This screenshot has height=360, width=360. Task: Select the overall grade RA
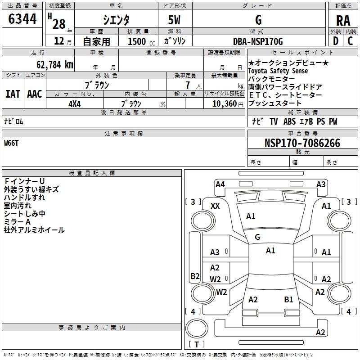[343, 21]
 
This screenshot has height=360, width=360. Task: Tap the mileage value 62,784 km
[50, 64]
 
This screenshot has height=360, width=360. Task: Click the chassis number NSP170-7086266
[302, 143]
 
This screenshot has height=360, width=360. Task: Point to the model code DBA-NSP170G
[258, 42]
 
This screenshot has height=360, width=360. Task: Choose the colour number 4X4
[74, 103]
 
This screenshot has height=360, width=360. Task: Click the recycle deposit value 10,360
[220, 103]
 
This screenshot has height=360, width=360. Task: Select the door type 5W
[174, 20]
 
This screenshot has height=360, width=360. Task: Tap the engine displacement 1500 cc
[137, 42]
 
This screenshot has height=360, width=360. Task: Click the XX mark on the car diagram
[216, 206]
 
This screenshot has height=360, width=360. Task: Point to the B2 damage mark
[195, 276]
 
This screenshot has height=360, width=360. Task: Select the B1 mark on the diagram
[288, 300]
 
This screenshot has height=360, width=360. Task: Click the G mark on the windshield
[257, 237]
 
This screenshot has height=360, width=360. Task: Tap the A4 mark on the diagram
[220, 184]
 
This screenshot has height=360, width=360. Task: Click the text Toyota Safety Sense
[278, 71]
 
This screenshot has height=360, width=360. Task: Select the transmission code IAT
[13, 94]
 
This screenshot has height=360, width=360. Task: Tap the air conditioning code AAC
[35, 94]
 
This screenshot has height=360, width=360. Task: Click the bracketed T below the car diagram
[196, 344]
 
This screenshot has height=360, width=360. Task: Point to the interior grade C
[350, 41]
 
